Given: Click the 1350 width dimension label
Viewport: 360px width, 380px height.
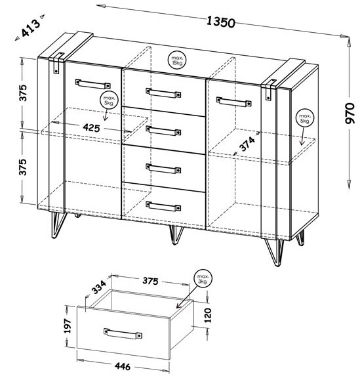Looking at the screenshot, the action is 220,22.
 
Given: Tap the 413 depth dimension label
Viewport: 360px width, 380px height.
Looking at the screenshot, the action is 31,28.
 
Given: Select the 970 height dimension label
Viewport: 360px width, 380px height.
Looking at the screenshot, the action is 350,114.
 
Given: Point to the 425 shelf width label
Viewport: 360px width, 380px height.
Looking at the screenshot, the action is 91,127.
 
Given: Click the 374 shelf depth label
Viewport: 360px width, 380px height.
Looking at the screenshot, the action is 247,144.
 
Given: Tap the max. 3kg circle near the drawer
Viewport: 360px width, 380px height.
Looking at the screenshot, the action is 203,278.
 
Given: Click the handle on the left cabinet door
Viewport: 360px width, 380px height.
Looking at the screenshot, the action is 92,84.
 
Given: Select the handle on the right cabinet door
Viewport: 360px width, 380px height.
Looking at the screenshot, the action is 233,102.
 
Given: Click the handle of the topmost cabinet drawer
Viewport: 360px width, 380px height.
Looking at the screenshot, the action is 163,93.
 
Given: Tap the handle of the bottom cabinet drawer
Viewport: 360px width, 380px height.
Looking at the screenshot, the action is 163,206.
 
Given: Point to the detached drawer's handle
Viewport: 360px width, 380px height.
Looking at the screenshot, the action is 123,333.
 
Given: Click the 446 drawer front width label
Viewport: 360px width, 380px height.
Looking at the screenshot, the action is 123,366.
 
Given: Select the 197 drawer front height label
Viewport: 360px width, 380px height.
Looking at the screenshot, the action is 68,326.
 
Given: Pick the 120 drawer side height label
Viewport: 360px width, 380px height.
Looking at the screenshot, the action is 208,315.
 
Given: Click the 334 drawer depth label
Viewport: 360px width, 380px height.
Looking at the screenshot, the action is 99,287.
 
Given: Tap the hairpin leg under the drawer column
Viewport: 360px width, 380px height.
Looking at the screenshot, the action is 176,235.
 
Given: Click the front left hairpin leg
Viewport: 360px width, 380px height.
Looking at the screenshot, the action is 58,224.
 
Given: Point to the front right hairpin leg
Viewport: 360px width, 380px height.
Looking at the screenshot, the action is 274,252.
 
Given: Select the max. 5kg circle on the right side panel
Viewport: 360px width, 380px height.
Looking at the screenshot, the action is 304,117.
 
